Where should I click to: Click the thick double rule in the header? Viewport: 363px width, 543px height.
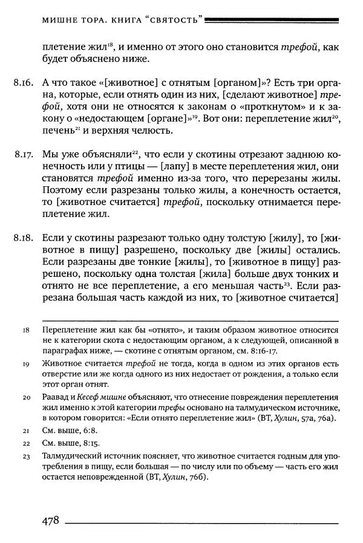272,20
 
